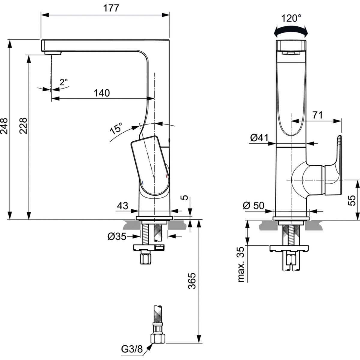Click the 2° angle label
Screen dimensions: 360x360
tap(64, 82)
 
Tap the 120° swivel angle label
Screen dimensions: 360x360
tap(291, 18)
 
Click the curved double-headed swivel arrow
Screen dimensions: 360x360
tap(291, 30)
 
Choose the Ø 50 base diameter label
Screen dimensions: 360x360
tap(254, 205)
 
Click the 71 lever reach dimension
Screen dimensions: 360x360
tap(317, 115)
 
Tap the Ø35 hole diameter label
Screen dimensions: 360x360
tap(117, 237)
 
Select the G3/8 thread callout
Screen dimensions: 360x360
tap(132, 349)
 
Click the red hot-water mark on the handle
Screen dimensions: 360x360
tap(166, 176)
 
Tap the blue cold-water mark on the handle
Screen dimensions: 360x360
tap(142, 183)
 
